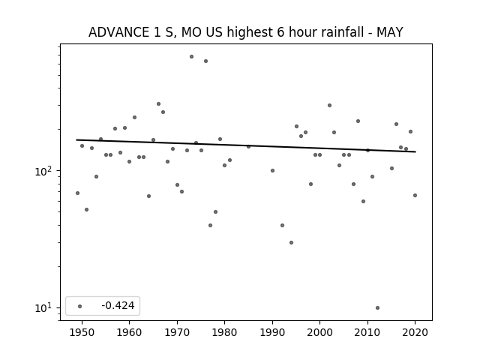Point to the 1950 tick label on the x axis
82,332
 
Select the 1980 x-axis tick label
225,332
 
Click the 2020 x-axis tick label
415,332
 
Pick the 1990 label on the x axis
272,332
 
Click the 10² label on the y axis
44,171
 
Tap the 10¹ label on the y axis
44,307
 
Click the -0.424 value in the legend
118,305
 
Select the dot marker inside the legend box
80,306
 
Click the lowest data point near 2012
377,307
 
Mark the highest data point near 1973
191,57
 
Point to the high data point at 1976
205,61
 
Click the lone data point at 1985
248,147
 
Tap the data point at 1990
272,170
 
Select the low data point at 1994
292,242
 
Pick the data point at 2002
329,105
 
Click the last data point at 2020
415,195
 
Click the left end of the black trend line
76,140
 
